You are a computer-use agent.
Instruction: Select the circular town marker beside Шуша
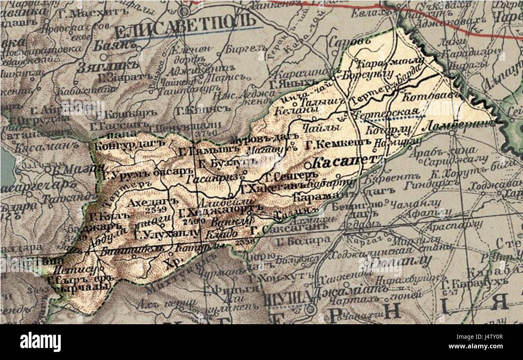[310, 310]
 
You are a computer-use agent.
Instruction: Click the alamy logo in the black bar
[41, 342]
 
